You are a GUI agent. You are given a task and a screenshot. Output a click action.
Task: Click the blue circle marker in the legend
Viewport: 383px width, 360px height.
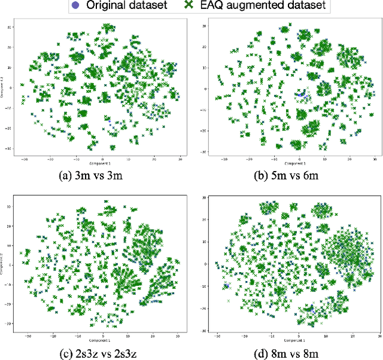pyautogui.click(x=74, y=6)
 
